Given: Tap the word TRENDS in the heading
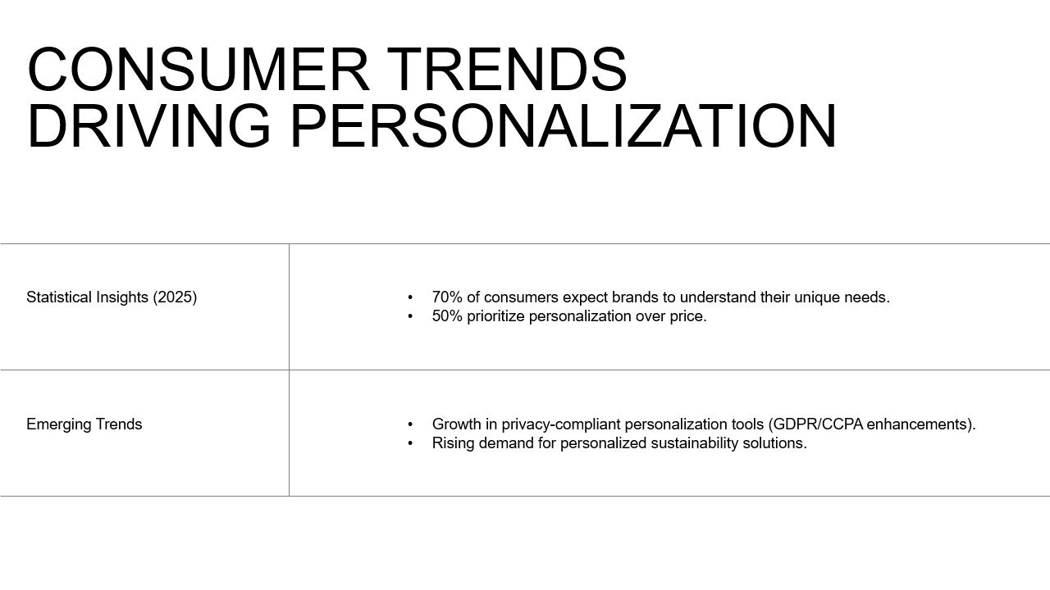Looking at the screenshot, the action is (x=507, y=70).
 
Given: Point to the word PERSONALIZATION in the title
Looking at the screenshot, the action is (x=564, y=125).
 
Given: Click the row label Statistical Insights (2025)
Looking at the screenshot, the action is (x=112, y=297).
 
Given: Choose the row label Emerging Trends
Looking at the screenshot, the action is (x=84, y=424).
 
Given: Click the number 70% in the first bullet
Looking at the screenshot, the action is (x=447, y=297).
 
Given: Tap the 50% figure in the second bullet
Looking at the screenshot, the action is (x=447, y=316).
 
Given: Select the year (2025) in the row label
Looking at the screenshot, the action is (x=175, y=297).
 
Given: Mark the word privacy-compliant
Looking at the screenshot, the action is (x=561, y=424).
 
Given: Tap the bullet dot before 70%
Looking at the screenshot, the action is (x=411, y=297).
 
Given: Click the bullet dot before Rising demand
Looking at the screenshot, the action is (x=411, y=443).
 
